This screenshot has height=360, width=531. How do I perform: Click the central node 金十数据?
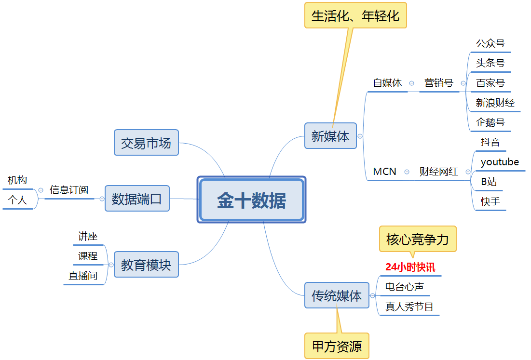pyautogui.click(x=251, y=200)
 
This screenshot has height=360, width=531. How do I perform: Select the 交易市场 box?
pyautogui.click(x=146, y=143)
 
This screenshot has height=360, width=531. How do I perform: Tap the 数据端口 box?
pyautogui.click(x=137, y=199)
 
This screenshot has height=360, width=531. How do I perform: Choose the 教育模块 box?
pyautogui.click(x=146, y=265)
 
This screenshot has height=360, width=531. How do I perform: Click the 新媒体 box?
pyautogui.click(x=330, y=136)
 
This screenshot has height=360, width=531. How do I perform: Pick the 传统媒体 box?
pyautogui.click(x=337, y=295)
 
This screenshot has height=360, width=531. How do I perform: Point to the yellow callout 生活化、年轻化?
pyautogui.click(x=355, y=15)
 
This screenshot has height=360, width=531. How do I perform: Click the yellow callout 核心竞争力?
pyautogui.click(x=418, y=239)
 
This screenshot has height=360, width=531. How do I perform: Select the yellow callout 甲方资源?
pyautogui.click(x=337, y=346)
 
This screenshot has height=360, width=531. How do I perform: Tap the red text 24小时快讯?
pyautogui.click(x=410, y=267)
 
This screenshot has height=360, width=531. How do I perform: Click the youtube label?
pyautogui.click(x=500, y=162)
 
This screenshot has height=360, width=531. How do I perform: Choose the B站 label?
pyautogui.click(x=489, y=182)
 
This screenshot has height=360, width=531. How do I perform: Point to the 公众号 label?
pyautogui.click(x=490, y=43)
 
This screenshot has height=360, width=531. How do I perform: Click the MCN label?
pyautogui.click(x=384, y=172)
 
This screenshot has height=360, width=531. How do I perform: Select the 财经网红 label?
pyautogui.click(x=438, y=172)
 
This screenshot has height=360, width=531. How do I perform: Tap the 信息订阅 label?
pyautogui.click(x=69, y=190)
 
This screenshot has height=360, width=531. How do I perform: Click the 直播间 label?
pyautogui.click(x=83, y=276)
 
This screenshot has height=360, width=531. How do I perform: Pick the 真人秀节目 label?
pyautogui.click(x=409, y=307)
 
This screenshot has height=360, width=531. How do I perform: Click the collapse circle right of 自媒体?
pyautogui.click(x=411, y=83)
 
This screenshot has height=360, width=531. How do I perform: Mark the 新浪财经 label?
pyautogui.click(x=495, y=103)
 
